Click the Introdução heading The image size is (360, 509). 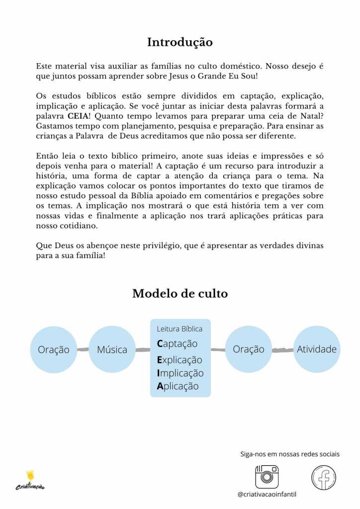pyautogui.click(x=180, y=42)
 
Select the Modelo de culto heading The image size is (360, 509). pyautogui.click(x=180, y=294)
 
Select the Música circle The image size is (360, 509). pyautogui.click(x=112, y=349)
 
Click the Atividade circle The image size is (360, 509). pyautogui.click(x=316, y=349)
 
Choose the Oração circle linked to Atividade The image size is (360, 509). pyautogui.click(x=248, y=349)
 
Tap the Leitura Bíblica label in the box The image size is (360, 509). pyautogui.click(x=180, y=329)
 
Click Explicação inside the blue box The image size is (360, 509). pyautogui.click(x=180, y=359)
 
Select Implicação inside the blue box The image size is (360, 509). pyautogui.click(x=180, y=373)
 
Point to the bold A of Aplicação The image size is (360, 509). pyautogui.click(x=160, y=386)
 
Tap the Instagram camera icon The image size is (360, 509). pyautogui.click(x=266, y=477)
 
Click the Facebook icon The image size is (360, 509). pyautogui.click(x=324, y=477)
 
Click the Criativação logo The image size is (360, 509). pyautogui.click(x=33, y=480)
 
